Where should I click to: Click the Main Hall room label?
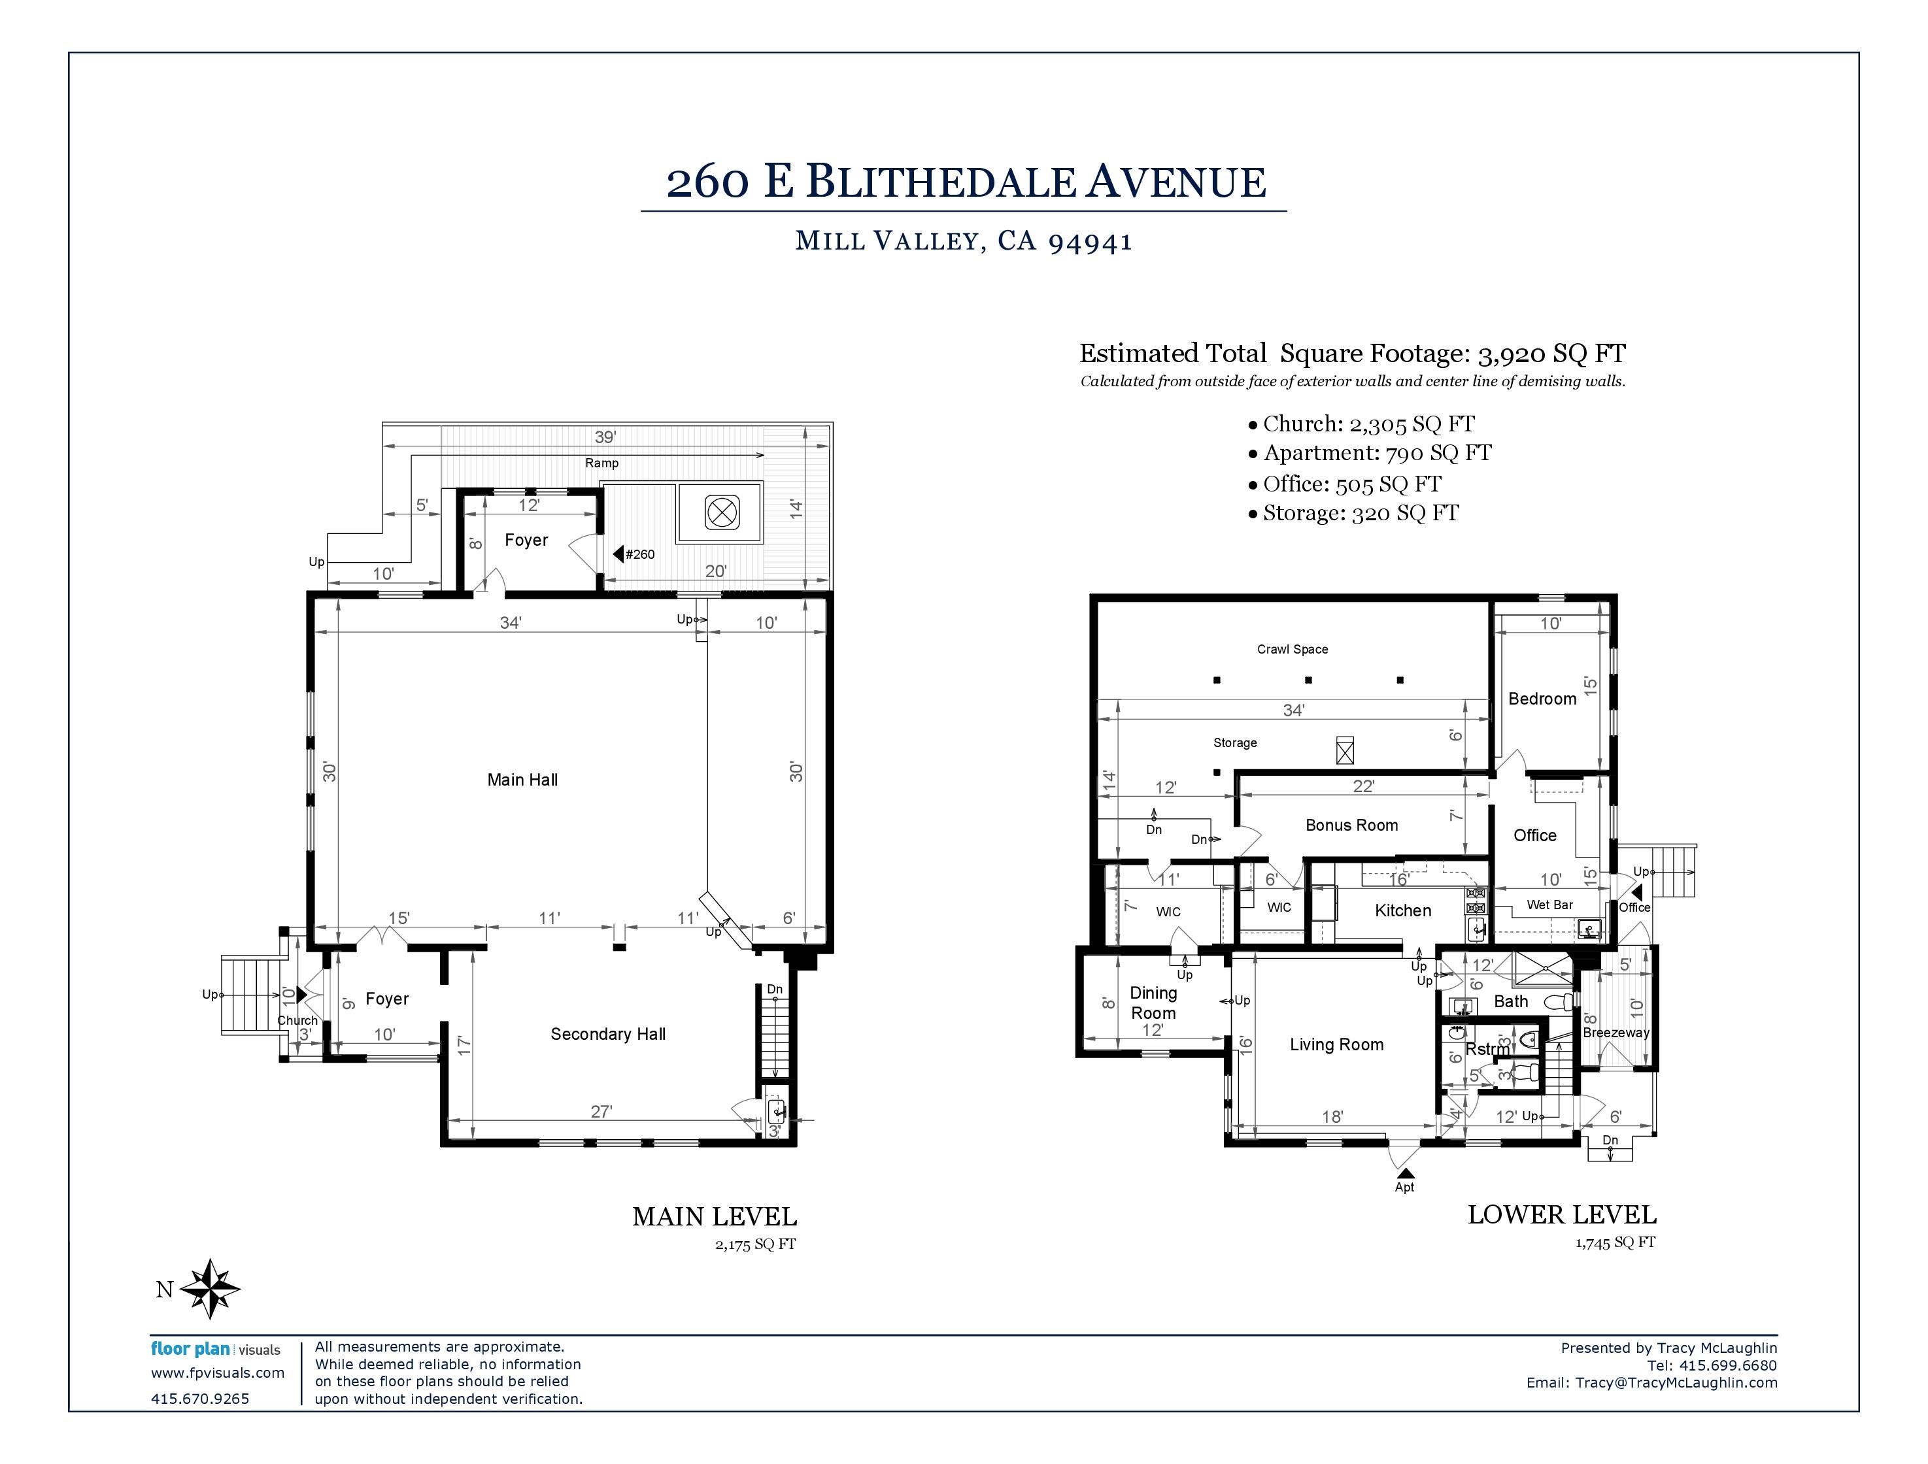click(522, 780)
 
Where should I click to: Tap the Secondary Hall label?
click(607, 1035)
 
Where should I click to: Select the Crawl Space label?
click(1293, 649)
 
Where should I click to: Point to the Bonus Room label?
click(1351, 825)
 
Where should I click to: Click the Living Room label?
click(1336, 1045)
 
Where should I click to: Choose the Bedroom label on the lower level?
click(1542, 699)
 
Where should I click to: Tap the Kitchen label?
click(1402, 910)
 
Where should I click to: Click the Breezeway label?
click(1616, 1033)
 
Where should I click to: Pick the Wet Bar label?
click(1549, 905)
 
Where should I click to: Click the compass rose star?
click(210, 1288)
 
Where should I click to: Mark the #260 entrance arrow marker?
click(618, 554)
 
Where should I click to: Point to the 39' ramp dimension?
click(605, 437)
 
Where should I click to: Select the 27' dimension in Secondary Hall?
click(601, 1111)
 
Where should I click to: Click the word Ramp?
click(601, 463)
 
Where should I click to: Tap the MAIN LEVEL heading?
click(715, 1216)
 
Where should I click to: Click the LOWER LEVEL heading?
click(1562, 1215)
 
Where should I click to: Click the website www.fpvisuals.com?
click(218, 1373)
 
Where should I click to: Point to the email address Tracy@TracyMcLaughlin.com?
click(1676, 1383)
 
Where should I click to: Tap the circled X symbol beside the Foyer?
click(722, 512)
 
